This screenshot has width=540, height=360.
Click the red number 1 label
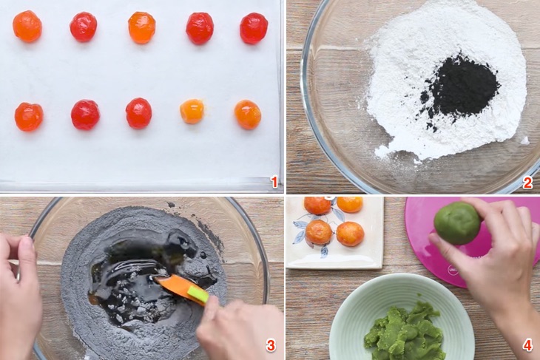click(274, 182)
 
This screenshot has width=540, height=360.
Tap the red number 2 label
click(527, 183)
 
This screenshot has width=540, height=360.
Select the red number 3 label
click(271, 345)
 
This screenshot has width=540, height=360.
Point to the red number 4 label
click(527, 345)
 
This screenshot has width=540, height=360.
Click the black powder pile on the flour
click(460, 89)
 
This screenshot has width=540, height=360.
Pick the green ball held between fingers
click(457, 223)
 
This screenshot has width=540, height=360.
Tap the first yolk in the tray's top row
click(27, 26)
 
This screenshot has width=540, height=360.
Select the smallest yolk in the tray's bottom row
click(192, 111)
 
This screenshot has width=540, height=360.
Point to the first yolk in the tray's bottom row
click(29, 116)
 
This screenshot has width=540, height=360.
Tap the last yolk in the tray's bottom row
click(248, 115)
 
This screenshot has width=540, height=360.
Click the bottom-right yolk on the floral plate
click(350, 234)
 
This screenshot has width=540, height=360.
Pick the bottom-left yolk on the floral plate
click(319, 232)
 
